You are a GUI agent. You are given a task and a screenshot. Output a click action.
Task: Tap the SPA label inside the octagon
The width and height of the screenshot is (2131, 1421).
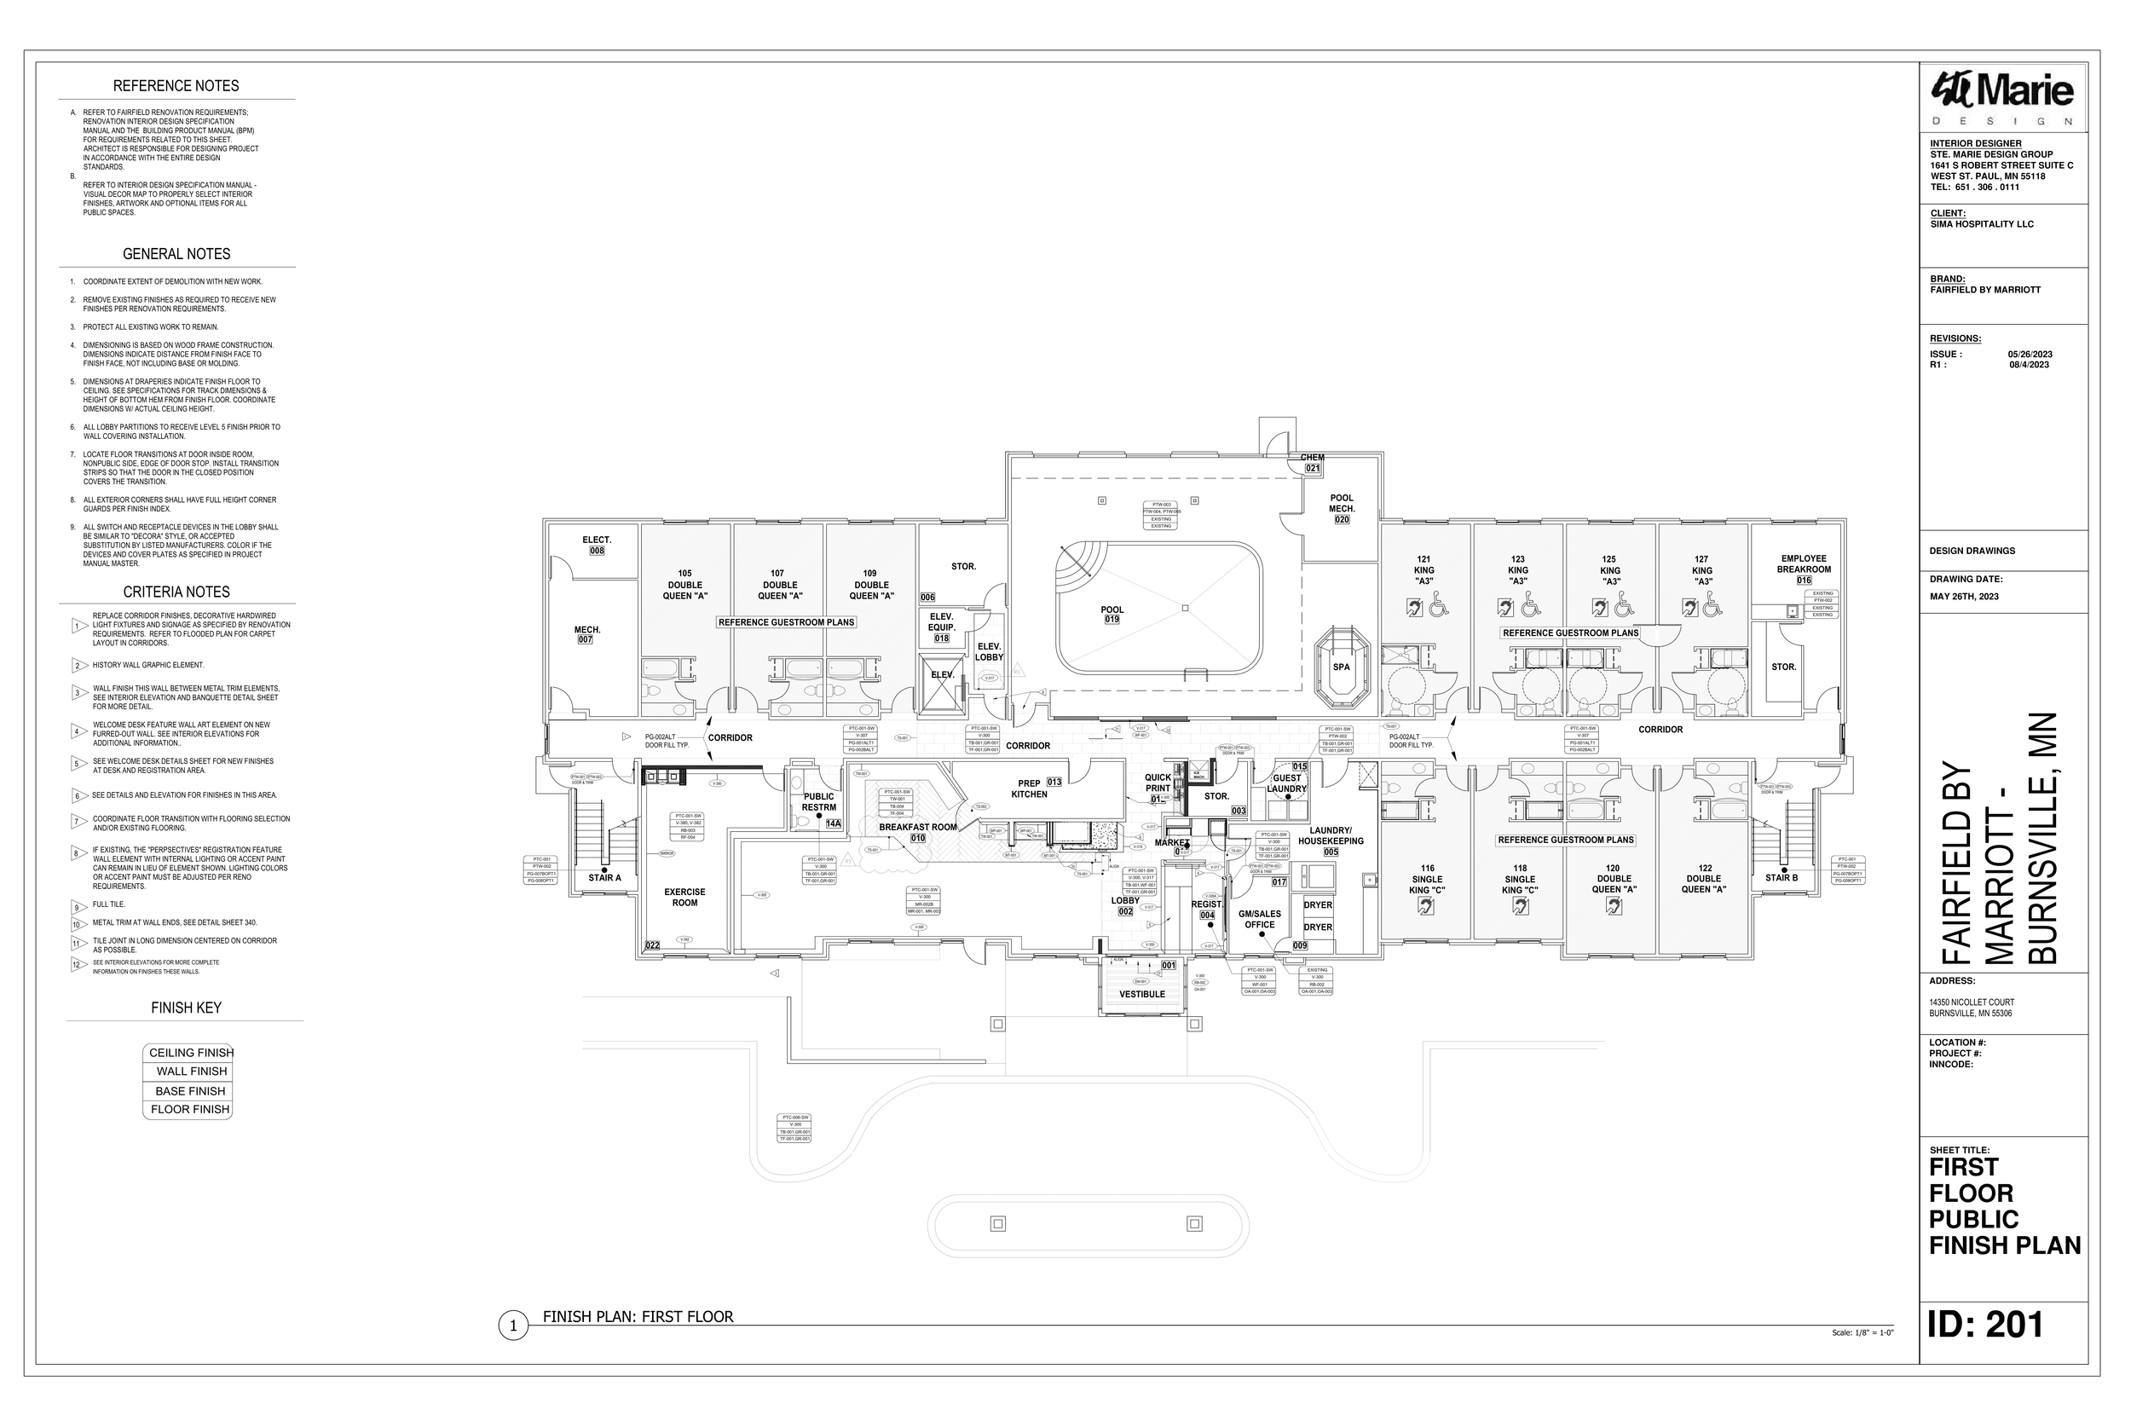(x=1341, y=667)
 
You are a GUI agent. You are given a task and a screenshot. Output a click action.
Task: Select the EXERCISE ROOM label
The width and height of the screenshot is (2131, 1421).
(x=684, y=898)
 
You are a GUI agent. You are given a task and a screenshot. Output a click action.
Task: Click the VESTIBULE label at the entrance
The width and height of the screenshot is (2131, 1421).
(x=1141, y=994)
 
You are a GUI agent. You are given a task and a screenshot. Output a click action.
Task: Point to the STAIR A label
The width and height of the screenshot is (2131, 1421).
(x=604, y=877)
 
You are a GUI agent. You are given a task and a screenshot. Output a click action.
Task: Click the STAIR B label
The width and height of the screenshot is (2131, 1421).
(x=1782, y=877)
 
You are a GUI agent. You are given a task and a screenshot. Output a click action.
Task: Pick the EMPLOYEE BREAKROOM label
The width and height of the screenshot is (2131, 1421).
(x=1803, y=563)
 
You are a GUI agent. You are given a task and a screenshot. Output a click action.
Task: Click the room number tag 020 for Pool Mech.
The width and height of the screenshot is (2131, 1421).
(x=1342, y=520)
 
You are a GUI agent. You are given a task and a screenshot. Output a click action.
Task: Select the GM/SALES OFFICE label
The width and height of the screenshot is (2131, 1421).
(x=1259, y=919)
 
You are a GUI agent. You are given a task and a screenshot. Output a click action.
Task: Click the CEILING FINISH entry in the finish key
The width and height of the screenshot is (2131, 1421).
(x=190, y=1053)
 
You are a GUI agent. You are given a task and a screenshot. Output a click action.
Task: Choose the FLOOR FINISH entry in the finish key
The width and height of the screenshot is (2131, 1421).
(x=190, y=1109)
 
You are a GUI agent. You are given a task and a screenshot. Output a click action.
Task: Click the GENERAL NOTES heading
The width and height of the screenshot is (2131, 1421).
(x=176, y=255)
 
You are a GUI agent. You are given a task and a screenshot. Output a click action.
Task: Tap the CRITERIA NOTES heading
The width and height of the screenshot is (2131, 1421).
(x=176, y=592)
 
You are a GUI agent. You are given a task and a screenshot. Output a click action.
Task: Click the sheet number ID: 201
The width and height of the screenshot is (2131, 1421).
(x=1986, y=1325)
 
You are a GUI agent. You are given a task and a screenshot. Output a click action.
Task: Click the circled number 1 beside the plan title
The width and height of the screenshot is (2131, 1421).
(x=513, y=1326)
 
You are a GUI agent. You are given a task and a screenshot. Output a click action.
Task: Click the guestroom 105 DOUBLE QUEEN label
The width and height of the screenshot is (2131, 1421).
(x=685, y=585)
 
